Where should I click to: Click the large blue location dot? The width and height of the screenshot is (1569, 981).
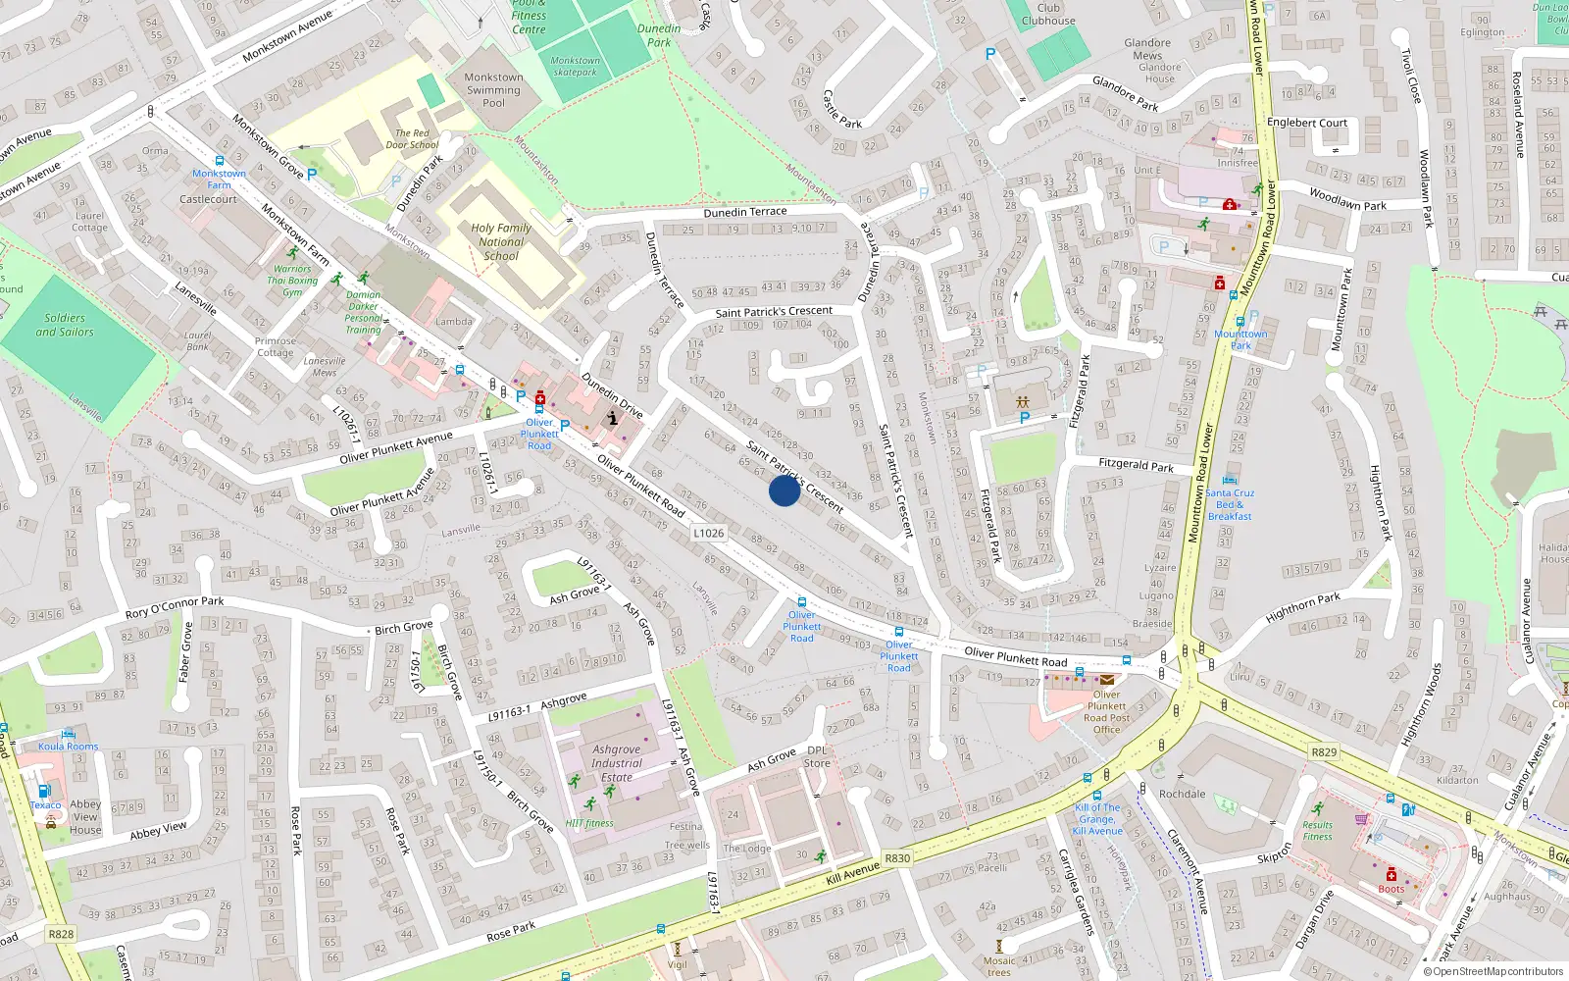pos(784,490)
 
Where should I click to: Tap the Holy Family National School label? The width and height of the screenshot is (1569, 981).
pos(501,241)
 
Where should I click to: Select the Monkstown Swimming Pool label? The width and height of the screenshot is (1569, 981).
pos(493,89)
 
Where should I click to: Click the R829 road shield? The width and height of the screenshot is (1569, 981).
pos(1324,752)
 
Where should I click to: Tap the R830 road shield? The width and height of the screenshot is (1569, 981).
pos(897,858)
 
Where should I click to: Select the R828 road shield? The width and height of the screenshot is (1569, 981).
pos(61,934)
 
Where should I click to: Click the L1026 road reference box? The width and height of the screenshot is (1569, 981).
pos(708,534)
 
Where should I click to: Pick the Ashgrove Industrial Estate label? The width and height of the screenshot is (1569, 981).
pos(617,762)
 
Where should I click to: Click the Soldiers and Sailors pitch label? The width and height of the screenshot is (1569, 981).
pos(65,325)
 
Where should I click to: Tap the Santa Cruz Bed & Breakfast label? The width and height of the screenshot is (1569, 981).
pos(1230,504)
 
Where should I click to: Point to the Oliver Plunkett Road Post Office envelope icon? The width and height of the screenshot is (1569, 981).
pos(1107,679)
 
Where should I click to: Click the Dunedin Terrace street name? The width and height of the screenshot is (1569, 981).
pos(745,212)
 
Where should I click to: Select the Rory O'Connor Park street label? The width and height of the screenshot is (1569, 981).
pos(175,607)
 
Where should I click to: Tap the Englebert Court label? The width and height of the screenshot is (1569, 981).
pos(1307,123)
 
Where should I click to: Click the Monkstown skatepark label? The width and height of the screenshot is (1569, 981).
pos(575,66)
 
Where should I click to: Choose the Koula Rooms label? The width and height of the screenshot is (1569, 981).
pos(69,747)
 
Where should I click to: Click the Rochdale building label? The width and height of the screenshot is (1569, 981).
pos(1182,794)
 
